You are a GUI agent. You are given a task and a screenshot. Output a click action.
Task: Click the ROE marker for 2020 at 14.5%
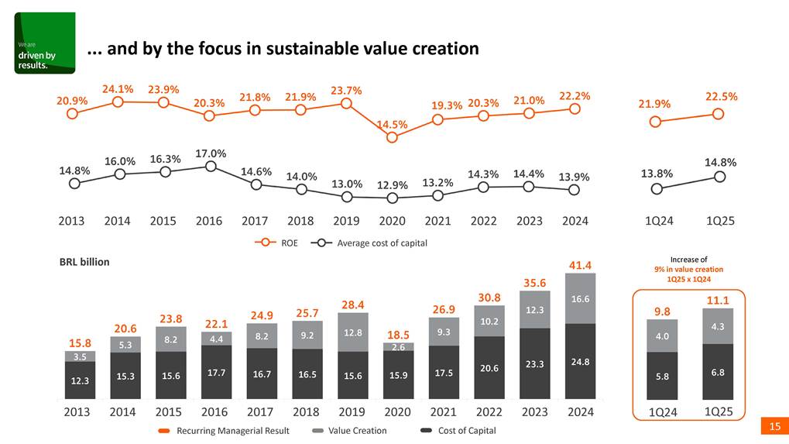392,137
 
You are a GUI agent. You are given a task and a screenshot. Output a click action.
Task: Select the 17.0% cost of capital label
210,153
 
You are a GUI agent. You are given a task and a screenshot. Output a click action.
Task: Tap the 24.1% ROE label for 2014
118,88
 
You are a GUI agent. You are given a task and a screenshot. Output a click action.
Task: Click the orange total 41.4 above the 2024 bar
581,265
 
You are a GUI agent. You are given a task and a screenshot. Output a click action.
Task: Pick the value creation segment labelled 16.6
581,298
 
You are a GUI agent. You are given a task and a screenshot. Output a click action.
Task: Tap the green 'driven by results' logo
45,43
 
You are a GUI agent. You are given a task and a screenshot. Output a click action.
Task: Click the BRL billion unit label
84,262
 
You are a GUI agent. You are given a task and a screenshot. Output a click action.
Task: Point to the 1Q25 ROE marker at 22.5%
718,114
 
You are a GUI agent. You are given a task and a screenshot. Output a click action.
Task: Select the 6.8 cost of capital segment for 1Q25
718,373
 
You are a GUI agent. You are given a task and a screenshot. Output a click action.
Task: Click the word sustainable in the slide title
314,49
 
